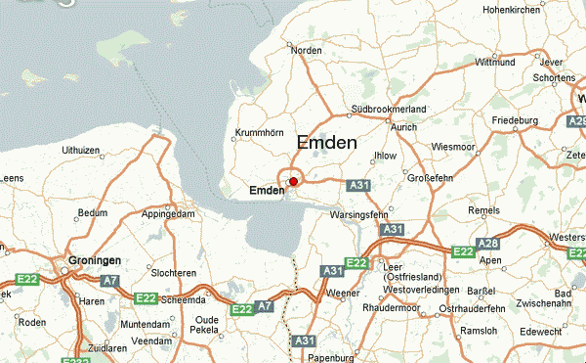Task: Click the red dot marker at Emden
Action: click(x=293, y=181)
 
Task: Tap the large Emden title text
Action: click(x=326, y=143)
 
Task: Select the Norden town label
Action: click(x=306, y=50)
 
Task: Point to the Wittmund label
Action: click(x=494, y=62)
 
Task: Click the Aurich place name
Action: click(x=404, y=128)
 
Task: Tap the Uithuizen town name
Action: click(x=82, y=150)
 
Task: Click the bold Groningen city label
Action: click(x=95, y=261)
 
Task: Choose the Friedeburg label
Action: click(x=516, y=120)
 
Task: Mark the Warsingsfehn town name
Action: click(x=358, y=213)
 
